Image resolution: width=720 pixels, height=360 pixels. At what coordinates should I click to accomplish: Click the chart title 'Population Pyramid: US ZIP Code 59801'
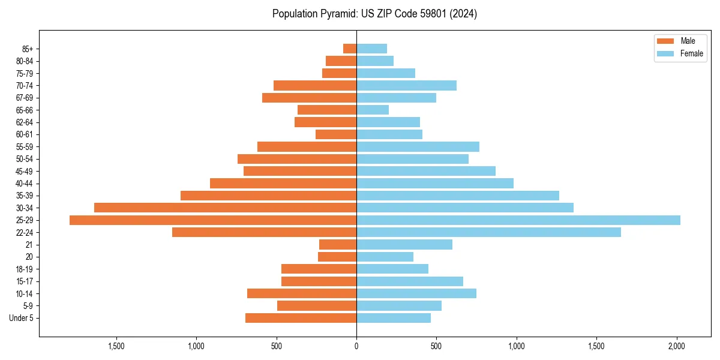point(374,14)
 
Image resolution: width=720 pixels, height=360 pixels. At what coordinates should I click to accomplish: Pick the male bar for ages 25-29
point(213,220)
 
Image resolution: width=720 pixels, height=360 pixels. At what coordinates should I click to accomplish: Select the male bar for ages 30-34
point(226,208)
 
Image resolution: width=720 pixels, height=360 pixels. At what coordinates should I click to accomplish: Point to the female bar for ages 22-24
point(488,232)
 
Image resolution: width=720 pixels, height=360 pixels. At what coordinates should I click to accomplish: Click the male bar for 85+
point(350,49)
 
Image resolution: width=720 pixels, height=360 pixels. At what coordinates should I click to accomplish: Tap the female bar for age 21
point(404,245)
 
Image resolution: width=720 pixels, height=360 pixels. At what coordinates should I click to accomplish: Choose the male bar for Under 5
point(301,318)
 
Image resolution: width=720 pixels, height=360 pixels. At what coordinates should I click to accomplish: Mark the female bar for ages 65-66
point(373,110)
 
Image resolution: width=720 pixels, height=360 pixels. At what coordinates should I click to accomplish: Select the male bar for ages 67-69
point(310,98)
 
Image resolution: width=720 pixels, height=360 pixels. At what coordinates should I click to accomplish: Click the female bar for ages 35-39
point(458,196)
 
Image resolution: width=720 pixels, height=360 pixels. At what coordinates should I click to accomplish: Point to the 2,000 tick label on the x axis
point(677,346)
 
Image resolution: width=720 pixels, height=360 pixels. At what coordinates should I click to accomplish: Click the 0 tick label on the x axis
point(356,346)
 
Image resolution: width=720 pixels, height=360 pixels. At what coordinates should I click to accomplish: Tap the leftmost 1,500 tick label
point(116,346)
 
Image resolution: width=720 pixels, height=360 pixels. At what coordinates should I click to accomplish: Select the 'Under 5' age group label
point(22,318)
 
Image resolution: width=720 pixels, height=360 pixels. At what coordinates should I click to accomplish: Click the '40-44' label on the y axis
point(25,184)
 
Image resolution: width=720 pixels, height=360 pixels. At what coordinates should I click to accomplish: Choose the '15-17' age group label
point(25,281)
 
